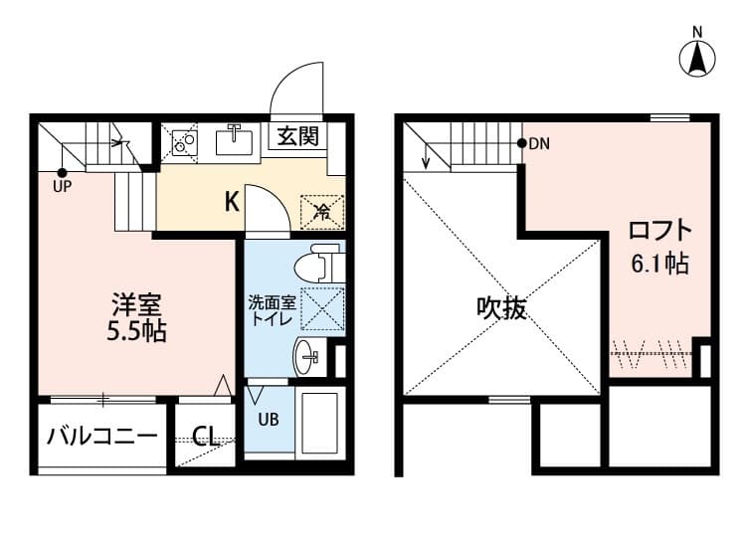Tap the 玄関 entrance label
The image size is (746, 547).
(x=297, y=136)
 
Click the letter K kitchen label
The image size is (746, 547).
(x=231, y=202)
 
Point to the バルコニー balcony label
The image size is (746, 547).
(x=102, y=437)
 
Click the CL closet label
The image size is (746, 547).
(x=207, y=436)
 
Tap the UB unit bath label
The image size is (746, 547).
(x=270, y=419)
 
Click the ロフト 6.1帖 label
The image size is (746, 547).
(x=659, y=247)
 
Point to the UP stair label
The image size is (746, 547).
(x=62, y=184)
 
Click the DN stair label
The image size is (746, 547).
(x=538, y=144)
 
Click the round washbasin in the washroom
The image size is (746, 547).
(x=307, y=354)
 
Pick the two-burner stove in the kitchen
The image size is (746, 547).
(x=183, y=143)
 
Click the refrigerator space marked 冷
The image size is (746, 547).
(x=322, y=209)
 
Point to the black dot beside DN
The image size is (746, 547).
(x=522, y=144)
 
